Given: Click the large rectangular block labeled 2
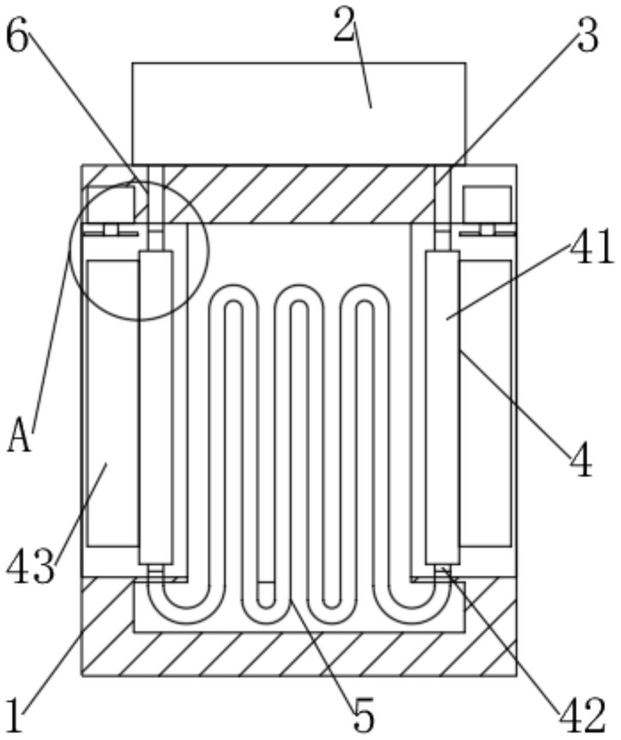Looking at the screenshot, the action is coord(299,114).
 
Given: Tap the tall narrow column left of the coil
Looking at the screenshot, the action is coord(156,407).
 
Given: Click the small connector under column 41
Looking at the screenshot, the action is coord(443,570).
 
